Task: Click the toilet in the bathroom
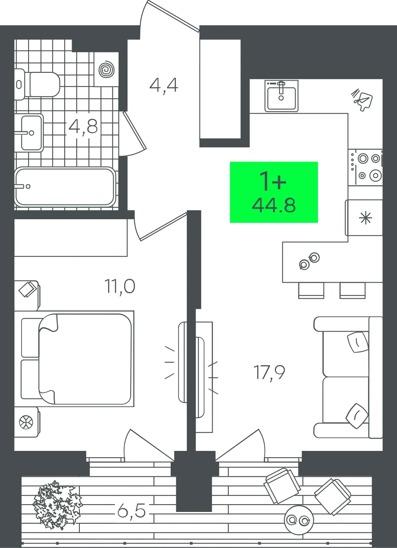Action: [37, 84]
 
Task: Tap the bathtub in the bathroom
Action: [65, 187]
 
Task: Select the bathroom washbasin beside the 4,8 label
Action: [29, 133]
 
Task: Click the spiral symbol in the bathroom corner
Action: [106, 70]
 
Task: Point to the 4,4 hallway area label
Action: [164, 86]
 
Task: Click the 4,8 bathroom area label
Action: [83, 126]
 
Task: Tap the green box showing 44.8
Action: [274, 192]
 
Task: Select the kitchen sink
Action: [281, 96]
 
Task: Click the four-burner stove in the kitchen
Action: [365, 168]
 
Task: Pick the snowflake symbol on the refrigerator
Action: [365, 218]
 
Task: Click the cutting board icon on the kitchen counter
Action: [362, 99]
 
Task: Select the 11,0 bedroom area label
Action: [120, 286]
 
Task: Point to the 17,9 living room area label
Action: [269, 372]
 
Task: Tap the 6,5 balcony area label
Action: [132, 510]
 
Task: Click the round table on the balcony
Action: [299, 519]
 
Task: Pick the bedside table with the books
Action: [27, 296]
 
